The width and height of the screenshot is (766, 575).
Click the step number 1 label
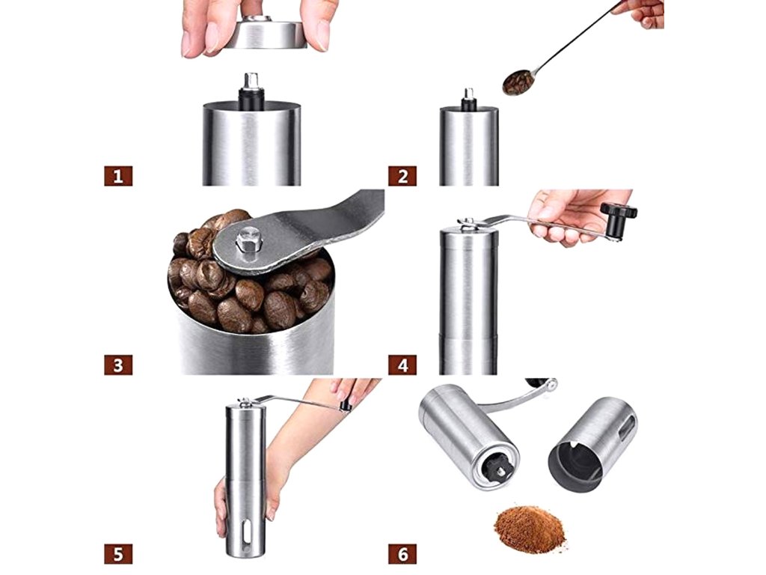(x=118, y=176)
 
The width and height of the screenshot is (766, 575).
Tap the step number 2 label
(x=402, y=176)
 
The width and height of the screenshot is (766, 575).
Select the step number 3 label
(x=118, y=365)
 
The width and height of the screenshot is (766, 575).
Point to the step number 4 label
(x=402, y=365)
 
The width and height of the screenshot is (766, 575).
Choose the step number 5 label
(x=118, y=554)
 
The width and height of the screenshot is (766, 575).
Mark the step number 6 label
(x=402, y=554)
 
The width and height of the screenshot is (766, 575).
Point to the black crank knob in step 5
(x=345, y=404)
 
